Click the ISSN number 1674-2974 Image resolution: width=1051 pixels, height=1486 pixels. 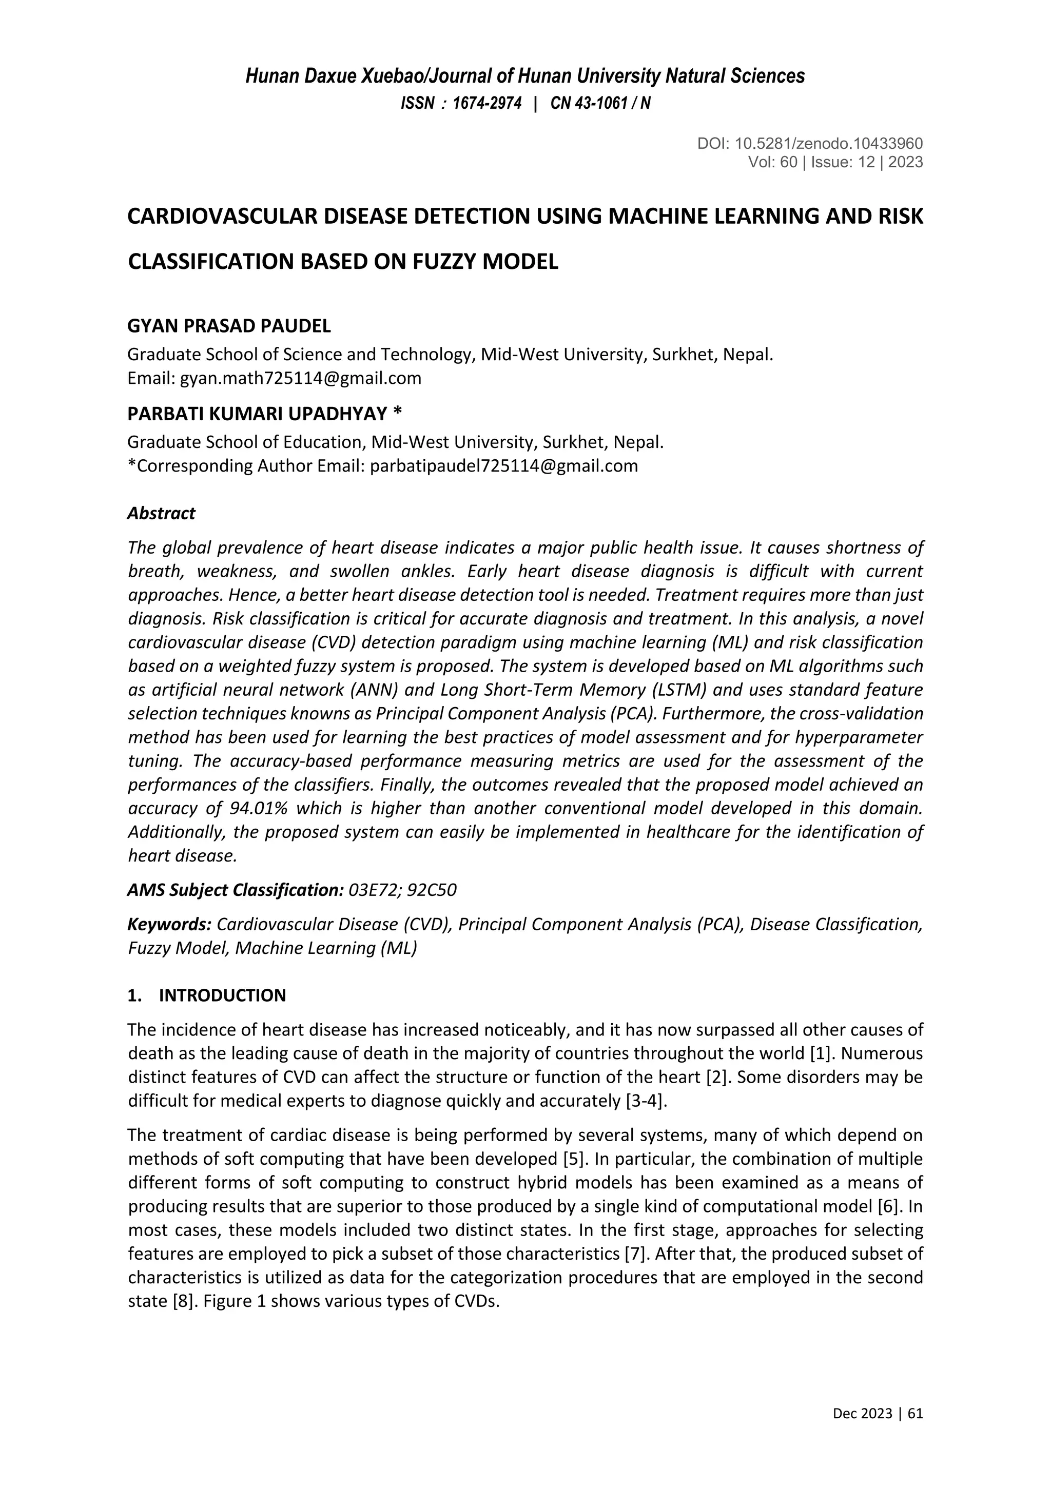[x=486, y=104]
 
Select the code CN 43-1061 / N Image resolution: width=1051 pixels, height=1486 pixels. [x=600, y=104]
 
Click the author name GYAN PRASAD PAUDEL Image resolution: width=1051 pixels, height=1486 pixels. [x=229, y=326]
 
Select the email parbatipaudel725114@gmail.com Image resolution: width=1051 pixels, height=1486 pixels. [x=503, y=466]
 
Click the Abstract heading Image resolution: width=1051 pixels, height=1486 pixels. [x=161, y=513]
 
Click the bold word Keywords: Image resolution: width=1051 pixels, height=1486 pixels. [x=169, y=924]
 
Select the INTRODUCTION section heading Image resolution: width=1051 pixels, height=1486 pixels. [x=222, y=995]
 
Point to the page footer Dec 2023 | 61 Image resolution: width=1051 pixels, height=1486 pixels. [x=877, y=1414]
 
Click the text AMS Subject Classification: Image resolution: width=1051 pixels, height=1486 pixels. [x=235, y=890]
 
